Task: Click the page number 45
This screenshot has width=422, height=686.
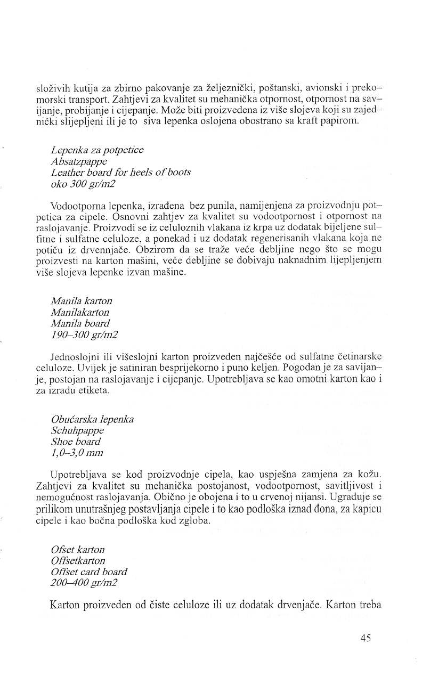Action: tap(365, 639)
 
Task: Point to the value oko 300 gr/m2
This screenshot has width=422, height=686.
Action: tap(84, 184)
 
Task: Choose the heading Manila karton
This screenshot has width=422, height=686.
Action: tap(82, 301)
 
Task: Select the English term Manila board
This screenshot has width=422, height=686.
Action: tap(80, 324)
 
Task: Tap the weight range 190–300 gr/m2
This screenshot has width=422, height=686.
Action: tap(84, 335)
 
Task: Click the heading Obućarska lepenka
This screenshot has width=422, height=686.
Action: tap(92, 419)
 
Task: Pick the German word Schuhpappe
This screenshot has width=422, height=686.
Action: tap(77, 430)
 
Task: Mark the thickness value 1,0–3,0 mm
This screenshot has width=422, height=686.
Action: tap(77, 453)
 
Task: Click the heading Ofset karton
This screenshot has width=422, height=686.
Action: tap(78, 549)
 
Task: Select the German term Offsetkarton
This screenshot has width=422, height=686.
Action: tap(78, 560)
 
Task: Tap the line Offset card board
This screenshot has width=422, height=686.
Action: tap(89, 571)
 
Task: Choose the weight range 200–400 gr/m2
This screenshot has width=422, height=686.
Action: tap(85, 583)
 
